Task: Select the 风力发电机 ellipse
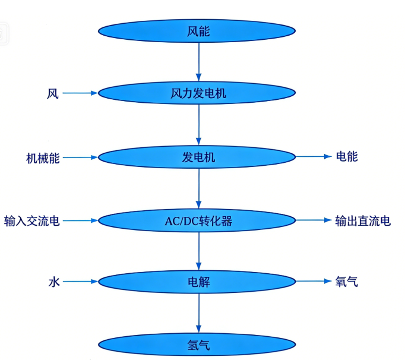click(x=198, y=93)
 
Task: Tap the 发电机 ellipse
click(x=198, y=157)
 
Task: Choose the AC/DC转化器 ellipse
click(x=198, y=221)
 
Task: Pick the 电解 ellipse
click(x=198, y=282)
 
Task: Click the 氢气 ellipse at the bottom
click(x=198, y=345)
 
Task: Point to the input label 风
click(x=53, y=94)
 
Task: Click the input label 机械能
click(x=43, y=158)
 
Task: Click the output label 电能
click(x=347, y=157)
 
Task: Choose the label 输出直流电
click(x=363, y=221)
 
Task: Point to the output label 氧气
click(x=347, y=282)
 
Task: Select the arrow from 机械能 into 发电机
click(x=80, y=158)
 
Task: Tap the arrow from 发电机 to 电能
click(x=313, y=157)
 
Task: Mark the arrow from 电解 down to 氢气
click(x=198, y=313)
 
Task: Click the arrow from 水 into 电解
click(x=80, y=282)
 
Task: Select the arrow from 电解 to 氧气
click(x=313, y=282)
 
